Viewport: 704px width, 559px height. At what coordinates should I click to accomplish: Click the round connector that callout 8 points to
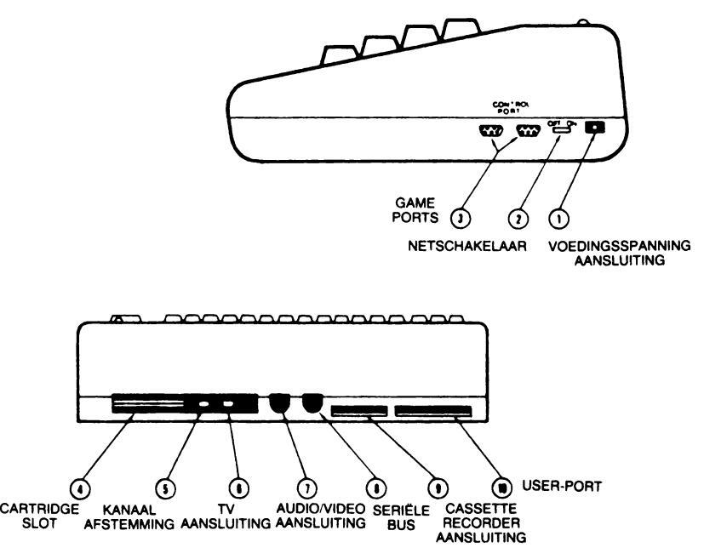point(312,402)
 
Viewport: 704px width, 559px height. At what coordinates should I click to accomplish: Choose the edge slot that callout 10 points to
point(432,412)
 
